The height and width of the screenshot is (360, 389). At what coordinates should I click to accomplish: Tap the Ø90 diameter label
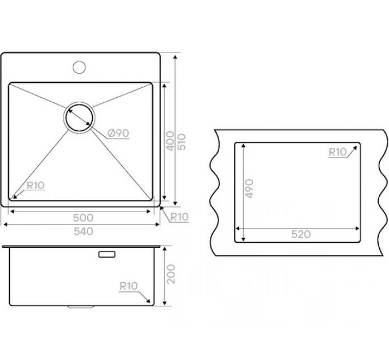tap(118, 133)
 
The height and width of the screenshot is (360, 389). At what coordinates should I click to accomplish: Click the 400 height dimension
tap(170, 141)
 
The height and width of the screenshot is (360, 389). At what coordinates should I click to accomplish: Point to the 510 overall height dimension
tap(182, 142)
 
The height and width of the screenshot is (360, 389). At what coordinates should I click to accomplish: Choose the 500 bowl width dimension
tap(83, 218)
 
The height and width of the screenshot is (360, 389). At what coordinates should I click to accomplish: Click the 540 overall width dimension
tap(84, 231)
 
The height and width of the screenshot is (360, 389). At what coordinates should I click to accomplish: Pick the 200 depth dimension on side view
tap(171, 274)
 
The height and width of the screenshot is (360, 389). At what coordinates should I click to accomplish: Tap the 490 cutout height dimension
tap(249, 189)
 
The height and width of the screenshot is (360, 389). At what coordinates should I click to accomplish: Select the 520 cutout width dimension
tap(301, 234)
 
